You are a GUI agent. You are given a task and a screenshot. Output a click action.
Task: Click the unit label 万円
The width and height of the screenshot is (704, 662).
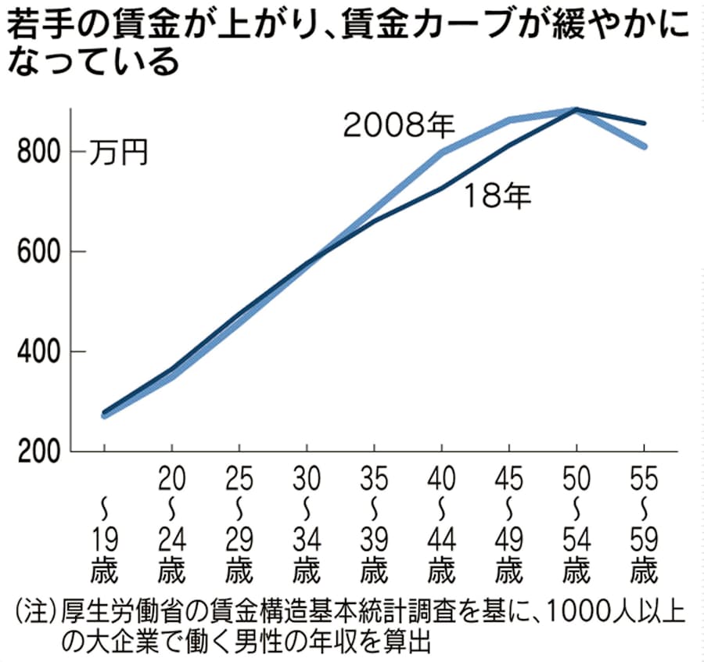pyautogui.click(x=117, y=151)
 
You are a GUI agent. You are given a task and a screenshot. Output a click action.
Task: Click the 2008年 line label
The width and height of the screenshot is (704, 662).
pyautogui.click(x=400, y=125)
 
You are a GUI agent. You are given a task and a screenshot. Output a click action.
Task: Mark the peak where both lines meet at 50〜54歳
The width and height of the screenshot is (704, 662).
pyautogui.click(x=576, y=110)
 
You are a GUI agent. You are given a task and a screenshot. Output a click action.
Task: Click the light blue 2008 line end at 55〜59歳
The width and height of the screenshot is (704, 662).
pyautogui.click(x=644, y=146)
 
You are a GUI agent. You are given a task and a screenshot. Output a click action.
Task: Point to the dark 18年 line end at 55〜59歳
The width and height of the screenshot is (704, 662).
pyautogui.click(x=644, y=123)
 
